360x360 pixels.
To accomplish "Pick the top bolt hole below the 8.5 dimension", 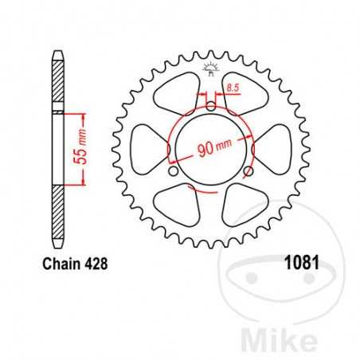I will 210,107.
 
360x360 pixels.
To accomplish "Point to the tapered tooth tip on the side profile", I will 57,57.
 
